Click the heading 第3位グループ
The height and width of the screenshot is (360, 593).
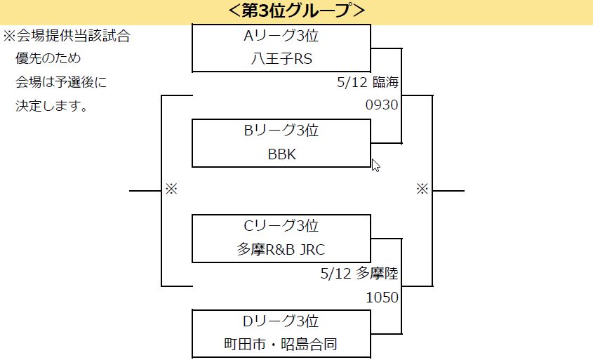(296, 11)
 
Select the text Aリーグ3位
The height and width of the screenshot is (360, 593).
(281, 36)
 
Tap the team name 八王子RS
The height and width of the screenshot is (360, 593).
(281, 59)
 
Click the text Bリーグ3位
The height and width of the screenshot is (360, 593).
(281, 131)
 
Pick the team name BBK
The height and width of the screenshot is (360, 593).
(281, 154)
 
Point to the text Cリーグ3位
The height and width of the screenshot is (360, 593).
(281, 226)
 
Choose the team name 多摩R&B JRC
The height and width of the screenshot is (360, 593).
(281, 250)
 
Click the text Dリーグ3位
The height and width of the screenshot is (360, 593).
(281, 321)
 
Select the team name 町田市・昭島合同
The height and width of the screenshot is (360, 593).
(281, 345)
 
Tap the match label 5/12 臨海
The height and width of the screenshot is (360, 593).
(368, 83)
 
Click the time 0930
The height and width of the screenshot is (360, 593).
(382, 106)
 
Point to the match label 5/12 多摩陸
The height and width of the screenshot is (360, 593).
(359, 274)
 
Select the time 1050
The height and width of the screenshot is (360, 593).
(382, 298)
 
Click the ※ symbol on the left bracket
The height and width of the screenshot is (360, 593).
(172, 189)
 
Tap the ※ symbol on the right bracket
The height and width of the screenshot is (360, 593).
(422, 189)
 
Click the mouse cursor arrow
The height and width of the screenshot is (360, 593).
(375, 165)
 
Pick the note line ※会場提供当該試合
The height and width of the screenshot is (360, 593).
(67, 36)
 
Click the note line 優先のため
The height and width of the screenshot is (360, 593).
(48, 59)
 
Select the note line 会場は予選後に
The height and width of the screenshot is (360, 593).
(61, 83)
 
